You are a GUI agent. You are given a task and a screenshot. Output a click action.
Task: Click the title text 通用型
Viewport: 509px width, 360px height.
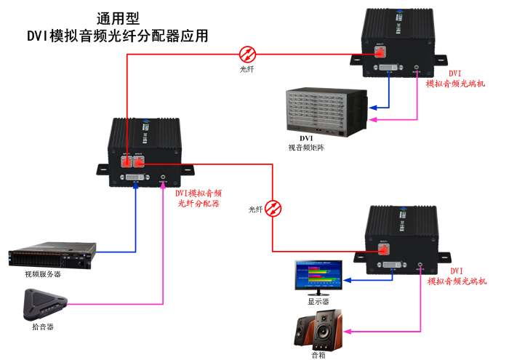[x=118, y=17]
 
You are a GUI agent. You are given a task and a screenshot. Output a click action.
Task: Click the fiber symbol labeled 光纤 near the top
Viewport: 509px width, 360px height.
[x=248, y=53]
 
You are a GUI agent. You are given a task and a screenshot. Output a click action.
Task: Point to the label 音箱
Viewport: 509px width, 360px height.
[x=318, y=354]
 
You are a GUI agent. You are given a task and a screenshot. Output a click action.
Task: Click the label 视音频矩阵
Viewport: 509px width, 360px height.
[x=306, y=147]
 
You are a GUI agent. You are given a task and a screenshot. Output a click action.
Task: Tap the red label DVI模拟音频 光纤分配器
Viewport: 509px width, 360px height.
[x=199, y=199]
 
